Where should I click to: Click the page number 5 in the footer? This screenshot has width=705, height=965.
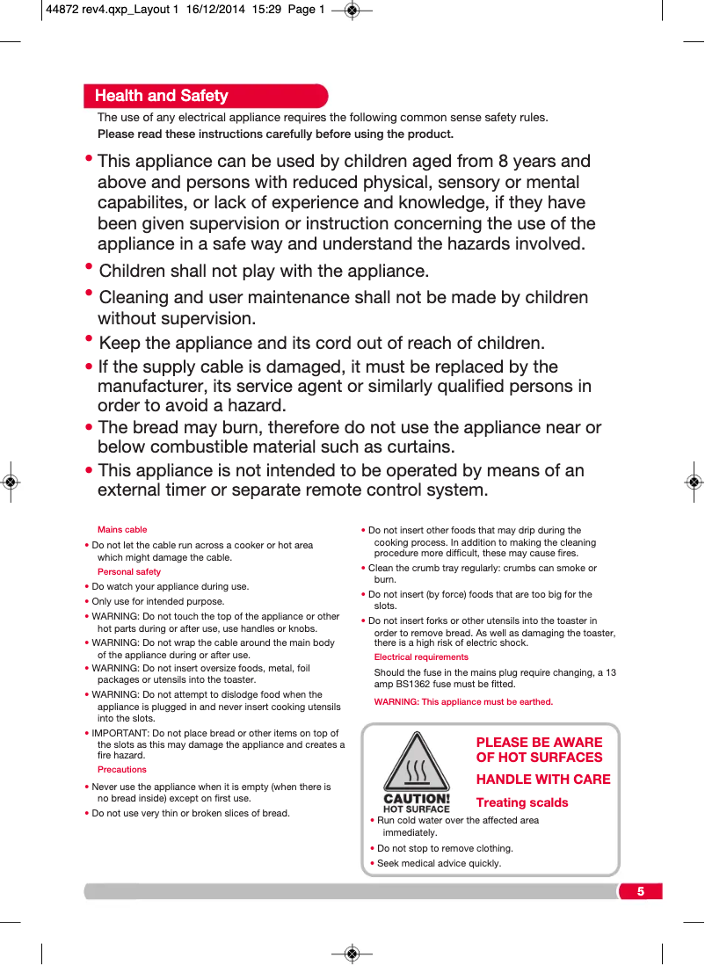[640, 891]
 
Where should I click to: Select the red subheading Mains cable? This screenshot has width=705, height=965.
[122, 530]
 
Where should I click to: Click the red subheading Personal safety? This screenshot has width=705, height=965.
[129, 572]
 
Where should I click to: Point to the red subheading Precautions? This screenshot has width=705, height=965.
[122, 770]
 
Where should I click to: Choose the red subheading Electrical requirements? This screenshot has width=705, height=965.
[421, 657]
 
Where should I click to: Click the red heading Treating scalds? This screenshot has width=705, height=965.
[522, 802]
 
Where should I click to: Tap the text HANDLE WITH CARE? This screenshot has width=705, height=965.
[543, 780]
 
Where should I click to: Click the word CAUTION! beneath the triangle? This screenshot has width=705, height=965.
[417, 800]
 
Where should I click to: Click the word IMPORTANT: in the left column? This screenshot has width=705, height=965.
[121, 734]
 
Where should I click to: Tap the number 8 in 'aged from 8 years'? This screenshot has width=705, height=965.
[503, 162]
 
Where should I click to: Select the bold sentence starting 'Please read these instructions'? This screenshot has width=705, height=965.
[275, 134]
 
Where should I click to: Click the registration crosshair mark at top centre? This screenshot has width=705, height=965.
[352, 11]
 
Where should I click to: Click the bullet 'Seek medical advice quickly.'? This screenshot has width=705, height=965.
[439, 863]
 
